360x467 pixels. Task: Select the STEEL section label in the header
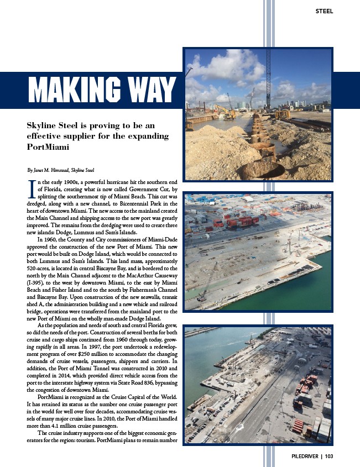pos(324,11)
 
